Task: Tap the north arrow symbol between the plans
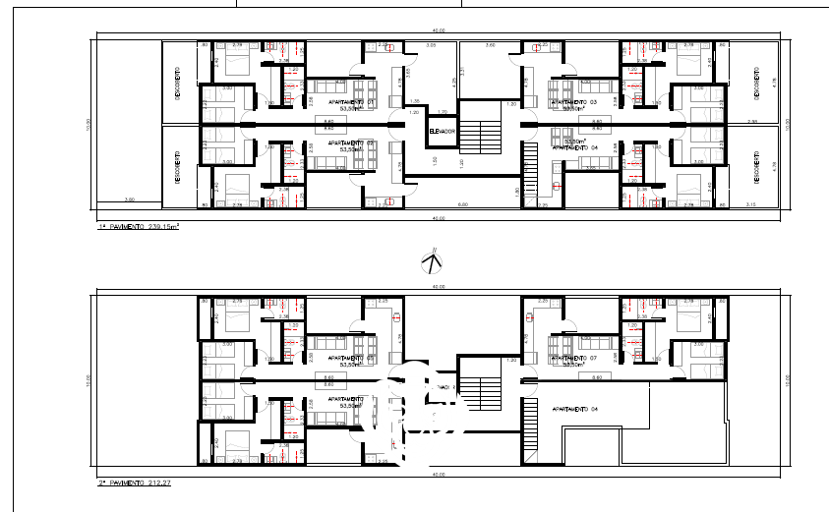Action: click(x=432, y=262)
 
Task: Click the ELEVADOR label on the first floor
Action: click(x=443, y=131)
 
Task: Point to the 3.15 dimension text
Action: click(x=751, y=204)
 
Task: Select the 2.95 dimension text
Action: click(x=752, y=122)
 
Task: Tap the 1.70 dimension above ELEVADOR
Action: click(x=443, y=112)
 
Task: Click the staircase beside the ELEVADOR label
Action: click(x=482, y=132)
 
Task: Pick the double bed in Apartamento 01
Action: click(x=236, y=63)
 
